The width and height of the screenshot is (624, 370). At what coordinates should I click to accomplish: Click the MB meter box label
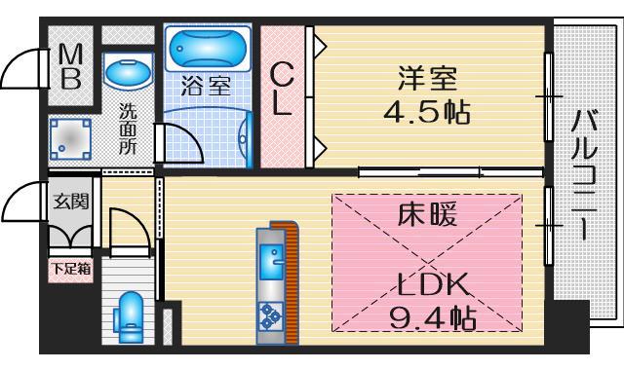pos(71,66)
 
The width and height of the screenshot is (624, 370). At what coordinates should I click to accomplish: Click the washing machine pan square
pos(71,139)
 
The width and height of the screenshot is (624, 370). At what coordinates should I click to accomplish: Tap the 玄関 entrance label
pos(70,202)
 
